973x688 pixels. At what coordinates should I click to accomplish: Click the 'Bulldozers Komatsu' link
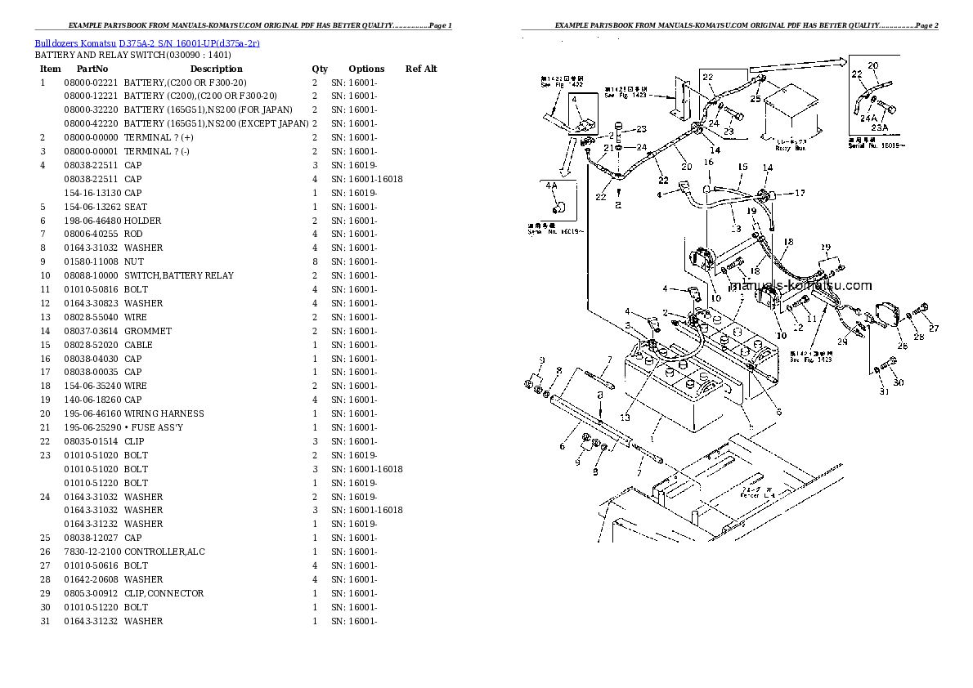(75, 42)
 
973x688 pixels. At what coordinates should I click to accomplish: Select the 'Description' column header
(216, 69)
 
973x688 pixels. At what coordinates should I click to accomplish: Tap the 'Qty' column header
(319, 69)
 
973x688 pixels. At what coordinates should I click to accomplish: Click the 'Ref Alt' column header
(421, 69)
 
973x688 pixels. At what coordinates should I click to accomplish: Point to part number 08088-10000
(92, 275)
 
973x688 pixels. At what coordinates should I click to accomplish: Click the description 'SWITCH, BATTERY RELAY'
(178, 275)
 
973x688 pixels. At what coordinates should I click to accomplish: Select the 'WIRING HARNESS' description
(164, 413)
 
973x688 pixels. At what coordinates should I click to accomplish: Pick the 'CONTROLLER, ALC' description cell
(164, 552)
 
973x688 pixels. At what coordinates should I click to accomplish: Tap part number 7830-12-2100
(92, 552)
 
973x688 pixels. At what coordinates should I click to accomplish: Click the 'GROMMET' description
(148, 331)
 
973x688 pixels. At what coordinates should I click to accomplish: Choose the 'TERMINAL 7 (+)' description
(159, 137)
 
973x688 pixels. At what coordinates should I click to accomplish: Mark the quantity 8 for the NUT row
(314, 261)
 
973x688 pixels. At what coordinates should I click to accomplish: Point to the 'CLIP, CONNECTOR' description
(164, 593)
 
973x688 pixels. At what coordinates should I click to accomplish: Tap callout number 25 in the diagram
(756, 98)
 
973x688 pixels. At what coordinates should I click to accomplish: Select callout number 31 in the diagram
(882, 391)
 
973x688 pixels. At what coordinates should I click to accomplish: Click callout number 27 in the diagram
(933, 328)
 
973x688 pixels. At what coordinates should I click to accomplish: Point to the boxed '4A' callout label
(550, 185)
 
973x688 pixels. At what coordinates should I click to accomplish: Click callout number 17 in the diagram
(800, 194)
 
